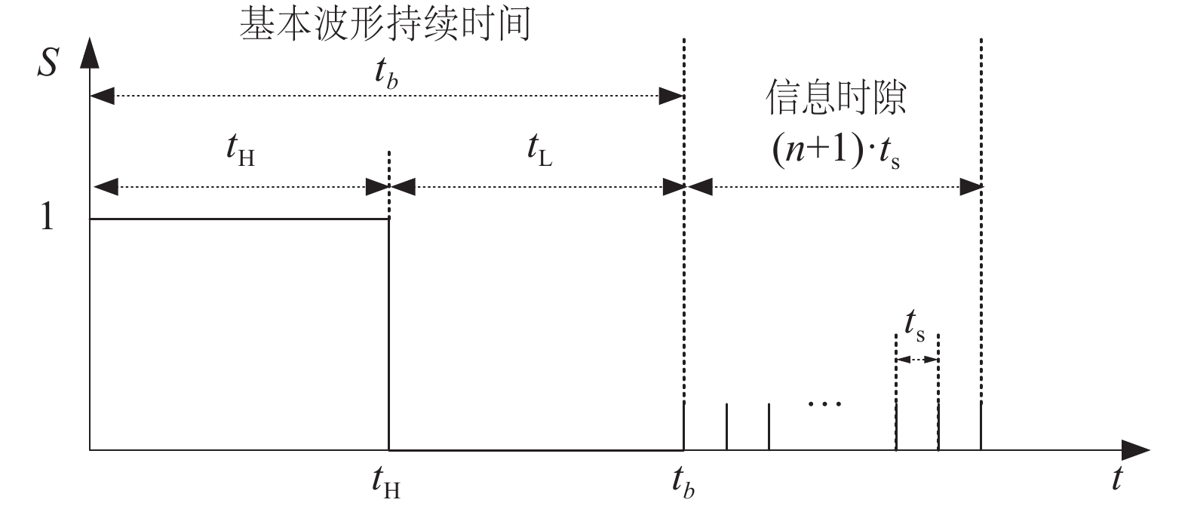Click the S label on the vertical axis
[x=48, y=66]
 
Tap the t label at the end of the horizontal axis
[x=1117, y=479]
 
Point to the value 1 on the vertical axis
[x=47, y=219]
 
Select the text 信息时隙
[x=836, y=98]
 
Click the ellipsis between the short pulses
[x=824, y=403]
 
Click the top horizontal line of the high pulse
[x=238, y=219]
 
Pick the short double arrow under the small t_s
[x=917, y=360]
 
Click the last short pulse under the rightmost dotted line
[x=981, y=426]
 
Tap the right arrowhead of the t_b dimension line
[x=671, y=96]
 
